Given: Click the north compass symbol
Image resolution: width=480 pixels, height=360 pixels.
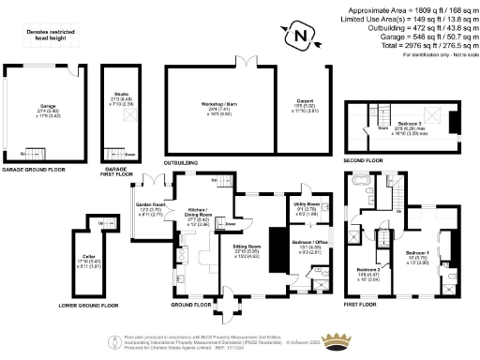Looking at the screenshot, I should (301, 38).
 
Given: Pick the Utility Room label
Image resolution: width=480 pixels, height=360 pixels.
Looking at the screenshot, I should (307, 206).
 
